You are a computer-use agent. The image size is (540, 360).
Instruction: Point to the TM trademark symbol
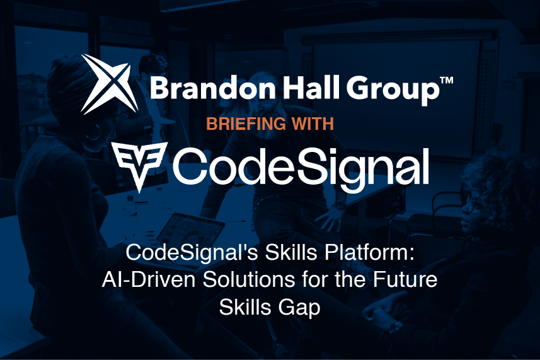pyautogui.click(x=445, y=79)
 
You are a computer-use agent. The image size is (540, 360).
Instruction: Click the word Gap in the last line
pyautogui.click(x=300, y=308)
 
